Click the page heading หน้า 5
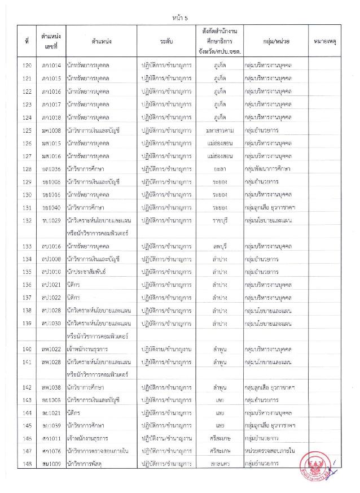pyautogui.click(x=179, y=18)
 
